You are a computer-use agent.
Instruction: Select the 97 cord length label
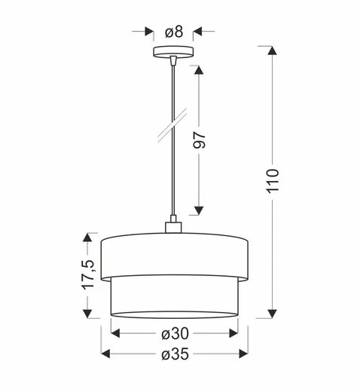pos(199,140)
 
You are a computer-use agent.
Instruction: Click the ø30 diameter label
pos(174,332)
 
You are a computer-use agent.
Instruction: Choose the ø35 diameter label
pos(174,354)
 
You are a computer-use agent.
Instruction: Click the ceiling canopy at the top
pos(174,53)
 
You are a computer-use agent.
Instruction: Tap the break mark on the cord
pos(174,124)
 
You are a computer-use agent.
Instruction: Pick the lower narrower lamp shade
pos(174,298)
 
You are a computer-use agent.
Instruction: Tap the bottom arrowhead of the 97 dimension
pos(199,210)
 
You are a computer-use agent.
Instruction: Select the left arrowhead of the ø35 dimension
pos(105,354)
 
